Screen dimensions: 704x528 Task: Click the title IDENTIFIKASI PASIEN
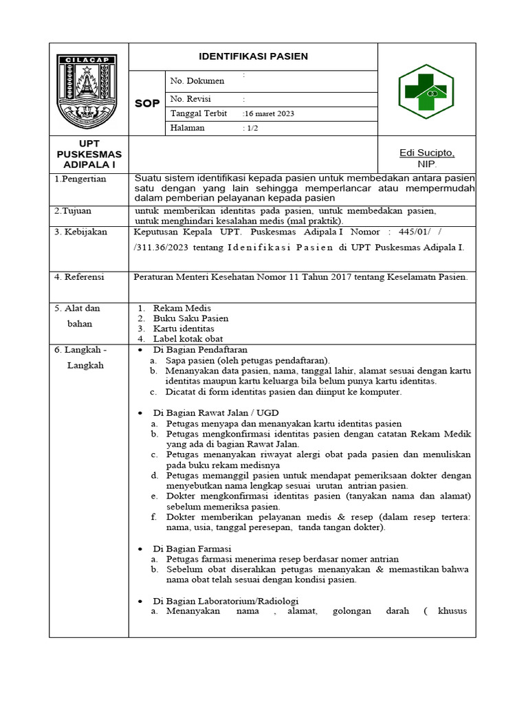coord(253,56)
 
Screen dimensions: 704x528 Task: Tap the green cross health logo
coord(427,91)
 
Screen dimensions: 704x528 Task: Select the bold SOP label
coord(147,103)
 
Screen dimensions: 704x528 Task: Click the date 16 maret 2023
coord(269,113)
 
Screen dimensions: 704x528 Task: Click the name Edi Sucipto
coord(427,153)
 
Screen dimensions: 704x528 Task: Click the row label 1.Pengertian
coord(80,179)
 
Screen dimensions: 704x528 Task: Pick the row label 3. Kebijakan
coord(81,232)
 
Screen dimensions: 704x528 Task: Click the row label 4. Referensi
coord(80,277)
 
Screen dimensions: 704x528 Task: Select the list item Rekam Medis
coord(182,308)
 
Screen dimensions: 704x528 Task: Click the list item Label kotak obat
coord(188,339)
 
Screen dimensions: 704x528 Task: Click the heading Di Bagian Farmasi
coord(192,549)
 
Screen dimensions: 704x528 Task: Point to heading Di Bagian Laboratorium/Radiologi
coord(225,600)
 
